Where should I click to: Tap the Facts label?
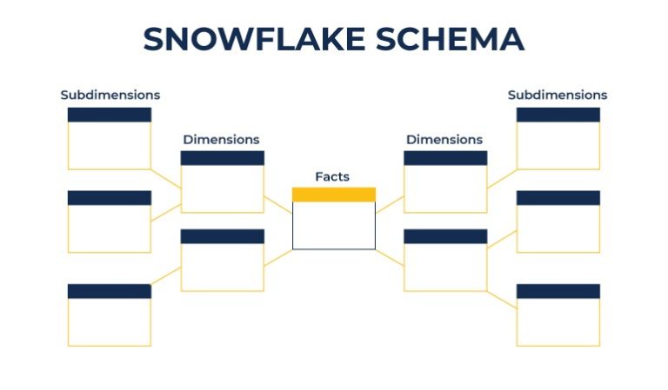point(332,176)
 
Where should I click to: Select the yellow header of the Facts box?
point(334,195)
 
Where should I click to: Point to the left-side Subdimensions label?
point(110,95)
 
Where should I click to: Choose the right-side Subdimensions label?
point(558,95)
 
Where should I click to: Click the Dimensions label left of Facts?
point(221,139)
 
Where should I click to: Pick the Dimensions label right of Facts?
point(444,139)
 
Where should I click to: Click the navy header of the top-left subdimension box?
point(110,115)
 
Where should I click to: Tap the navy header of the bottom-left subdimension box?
point(110,291)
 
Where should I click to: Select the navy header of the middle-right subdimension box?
point(558,198)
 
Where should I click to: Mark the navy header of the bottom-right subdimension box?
point(558,291)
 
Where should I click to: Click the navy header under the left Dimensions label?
point(222,158)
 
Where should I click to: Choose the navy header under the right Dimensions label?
point(445,158)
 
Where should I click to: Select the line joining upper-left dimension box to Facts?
point(278,205)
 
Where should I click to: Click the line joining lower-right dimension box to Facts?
point(390,257)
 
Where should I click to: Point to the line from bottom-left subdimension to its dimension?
point(166,275)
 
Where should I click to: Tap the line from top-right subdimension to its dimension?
point(502,179)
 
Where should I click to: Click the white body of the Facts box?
point(334,226)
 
